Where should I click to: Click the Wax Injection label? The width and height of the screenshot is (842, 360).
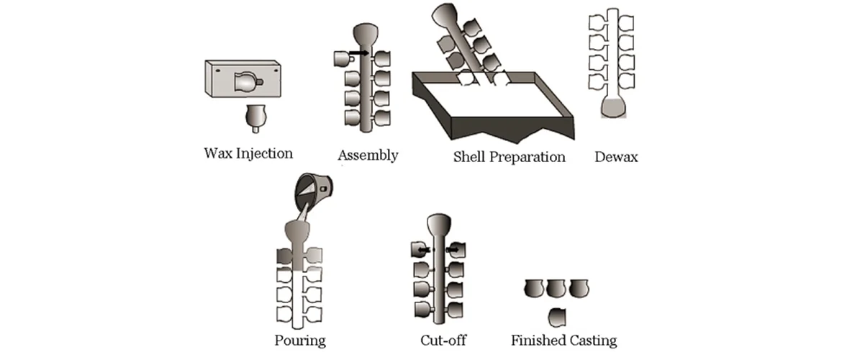pos(248,153)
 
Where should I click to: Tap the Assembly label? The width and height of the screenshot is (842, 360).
pos(367,155)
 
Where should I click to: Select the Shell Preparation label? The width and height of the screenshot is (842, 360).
pos(509,156)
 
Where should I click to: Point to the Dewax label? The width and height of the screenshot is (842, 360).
pos(616,156)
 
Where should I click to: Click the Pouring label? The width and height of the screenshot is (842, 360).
pos(299,340)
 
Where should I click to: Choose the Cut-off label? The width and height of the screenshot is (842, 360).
pos(440,340)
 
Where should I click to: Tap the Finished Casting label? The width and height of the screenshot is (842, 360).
pos(563,341)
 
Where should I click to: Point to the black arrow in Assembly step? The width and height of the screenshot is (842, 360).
pos(360,53)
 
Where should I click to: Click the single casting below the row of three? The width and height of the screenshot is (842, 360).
pos(557,315)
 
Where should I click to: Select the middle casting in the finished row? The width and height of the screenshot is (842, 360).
pos(556,289)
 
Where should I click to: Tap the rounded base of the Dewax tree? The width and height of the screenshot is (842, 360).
pos(612,109)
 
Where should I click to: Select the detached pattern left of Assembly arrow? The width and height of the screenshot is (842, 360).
pos(342,59)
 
